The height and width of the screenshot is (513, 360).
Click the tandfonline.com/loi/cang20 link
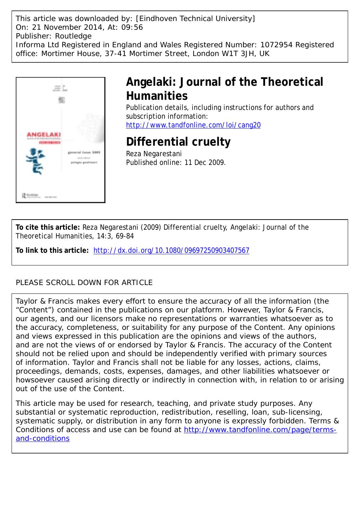(193, 125)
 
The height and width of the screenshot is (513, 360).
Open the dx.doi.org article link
(172, 250)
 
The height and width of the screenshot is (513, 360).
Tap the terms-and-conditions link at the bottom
(260, 430)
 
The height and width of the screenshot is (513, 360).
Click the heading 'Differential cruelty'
(178, 142)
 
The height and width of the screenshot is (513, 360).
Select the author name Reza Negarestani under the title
(154, 154)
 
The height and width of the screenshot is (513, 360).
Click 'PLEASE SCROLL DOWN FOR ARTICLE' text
(84, 283)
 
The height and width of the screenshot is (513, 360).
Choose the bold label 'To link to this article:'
(52, 250)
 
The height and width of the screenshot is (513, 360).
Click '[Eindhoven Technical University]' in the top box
(195, 19)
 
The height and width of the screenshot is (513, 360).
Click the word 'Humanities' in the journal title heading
(157, 96)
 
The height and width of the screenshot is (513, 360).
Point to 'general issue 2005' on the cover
(82, 153)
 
